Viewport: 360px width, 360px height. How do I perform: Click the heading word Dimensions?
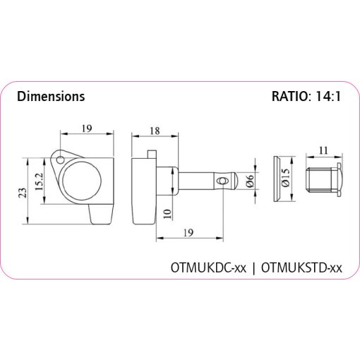coord(51,96)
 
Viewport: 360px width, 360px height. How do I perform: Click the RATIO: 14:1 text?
coord(306,96)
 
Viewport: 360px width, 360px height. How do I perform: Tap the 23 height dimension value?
coord(23,193)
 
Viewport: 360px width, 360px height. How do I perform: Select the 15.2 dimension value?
coord(39,181)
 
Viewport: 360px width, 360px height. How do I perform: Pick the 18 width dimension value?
coord(155,131)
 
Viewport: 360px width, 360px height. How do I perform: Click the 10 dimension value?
coord(167,214)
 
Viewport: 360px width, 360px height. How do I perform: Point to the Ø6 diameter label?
coord(250,181)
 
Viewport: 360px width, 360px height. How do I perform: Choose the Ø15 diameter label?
coord(286,177)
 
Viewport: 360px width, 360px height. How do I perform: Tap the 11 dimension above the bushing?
coord(323,150)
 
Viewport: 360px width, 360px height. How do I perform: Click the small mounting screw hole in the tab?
coord(60,160)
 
